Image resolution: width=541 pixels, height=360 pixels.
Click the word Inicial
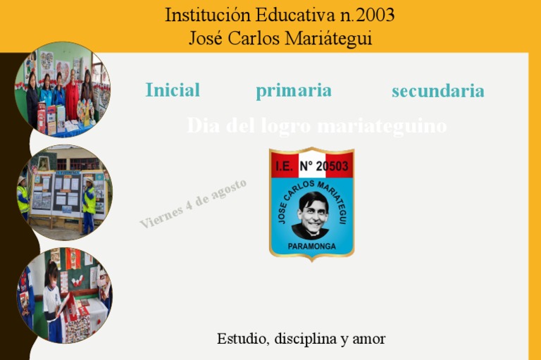173,90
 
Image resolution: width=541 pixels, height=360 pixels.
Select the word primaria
294,90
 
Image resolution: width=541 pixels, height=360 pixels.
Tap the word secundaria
437,91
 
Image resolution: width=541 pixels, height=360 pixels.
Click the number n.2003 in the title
362,15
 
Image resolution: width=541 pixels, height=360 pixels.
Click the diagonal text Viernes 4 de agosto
193,204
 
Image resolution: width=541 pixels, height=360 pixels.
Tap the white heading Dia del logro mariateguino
316,126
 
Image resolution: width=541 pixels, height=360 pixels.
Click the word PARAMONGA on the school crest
311,247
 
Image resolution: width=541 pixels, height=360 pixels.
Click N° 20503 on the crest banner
324,166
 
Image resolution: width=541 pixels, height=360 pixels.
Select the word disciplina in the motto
306,339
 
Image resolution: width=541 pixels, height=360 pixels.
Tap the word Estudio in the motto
242,339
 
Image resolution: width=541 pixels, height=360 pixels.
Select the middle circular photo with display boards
63,192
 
